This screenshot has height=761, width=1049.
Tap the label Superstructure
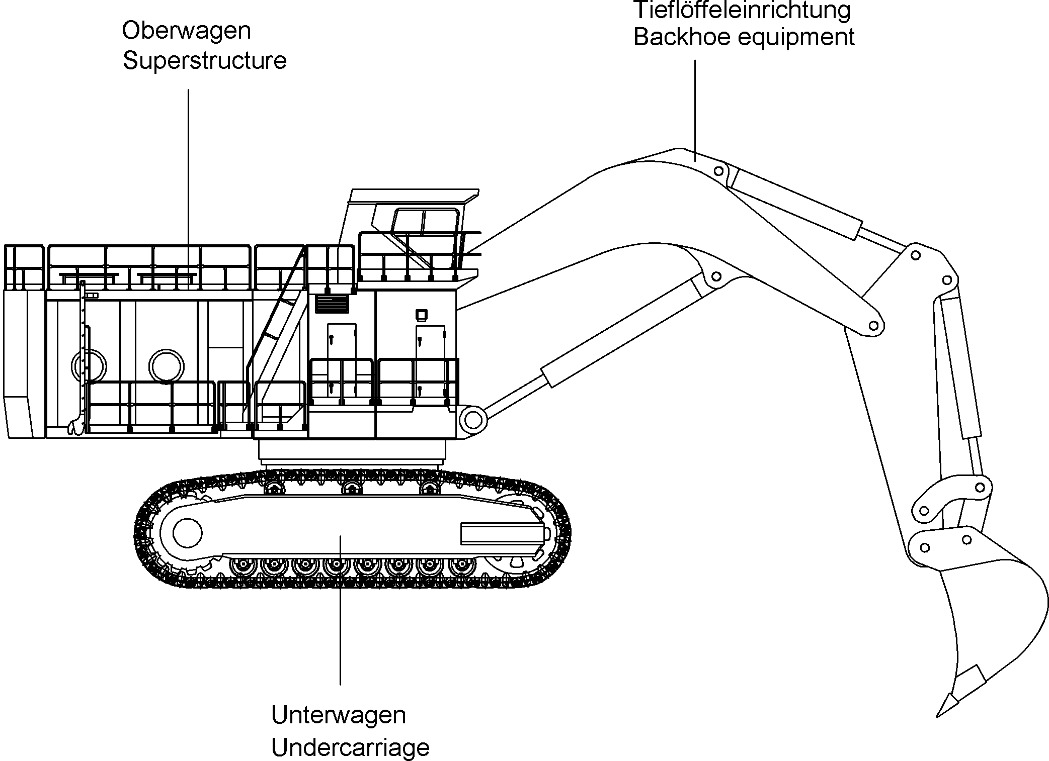[205, 61]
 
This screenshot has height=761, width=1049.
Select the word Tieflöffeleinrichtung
[742, 10]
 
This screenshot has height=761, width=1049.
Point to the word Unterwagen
[339, 715]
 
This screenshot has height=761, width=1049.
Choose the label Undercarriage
[351, 747]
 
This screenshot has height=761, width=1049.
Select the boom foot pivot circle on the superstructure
[473, 420]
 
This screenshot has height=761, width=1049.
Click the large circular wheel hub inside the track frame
[187, 532]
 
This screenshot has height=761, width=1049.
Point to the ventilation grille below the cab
[332, 304]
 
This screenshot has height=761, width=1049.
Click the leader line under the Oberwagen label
[189, 187]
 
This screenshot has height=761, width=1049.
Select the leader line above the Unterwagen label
[341, 610]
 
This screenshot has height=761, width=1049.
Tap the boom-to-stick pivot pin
[876, 326]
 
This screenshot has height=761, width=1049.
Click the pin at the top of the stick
[916, 255]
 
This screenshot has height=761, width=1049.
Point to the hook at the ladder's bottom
[75, 426]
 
